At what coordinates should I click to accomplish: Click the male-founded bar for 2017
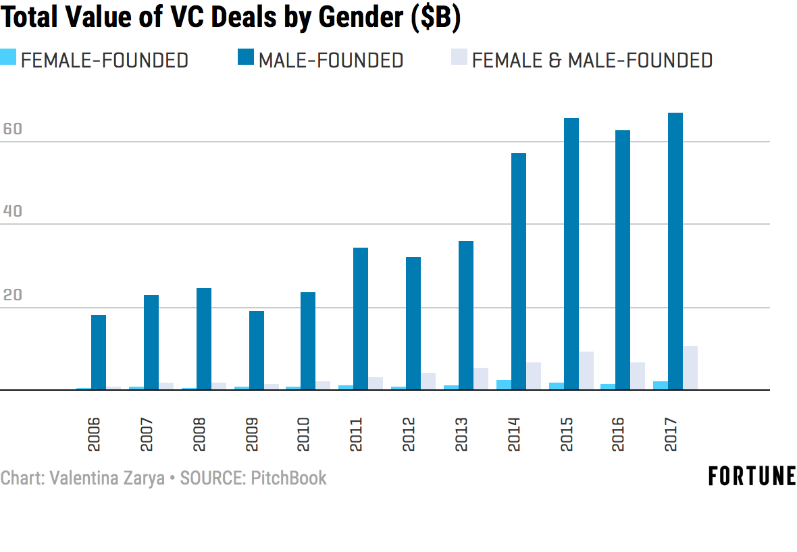tap(675, 251)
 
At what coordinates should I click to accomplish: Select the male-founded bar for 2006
tap(99, 352)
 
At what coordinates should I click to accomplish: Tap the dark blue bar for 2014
tap(518, 271)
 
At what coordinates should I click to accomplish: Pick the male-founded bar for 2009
tap(256, 350)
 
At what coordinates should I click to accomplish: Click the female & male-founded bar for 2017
tap(690, 368)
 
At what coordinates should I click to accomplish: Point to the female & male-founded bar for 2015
tap(586, 370)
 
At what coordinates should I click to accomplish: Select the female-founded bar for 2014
tap(503, 385)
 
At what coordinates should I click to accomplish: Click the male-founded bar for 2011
tap(361, 319)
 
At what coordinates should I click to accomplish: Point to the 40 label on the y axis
tap(12, 211)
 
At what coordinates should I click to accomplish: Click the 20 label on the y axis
tap(12, 295)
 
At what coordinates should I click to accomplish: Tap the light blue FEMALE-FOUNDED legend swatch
tap(8, 57)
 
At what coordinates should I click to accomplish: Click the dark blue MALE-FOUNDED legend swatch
tap(246, 57)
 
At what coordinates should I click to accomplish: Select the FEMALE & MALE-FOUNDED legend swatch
tap(459, 57)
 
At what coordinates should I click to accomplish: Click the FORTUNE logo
tap(752, 476)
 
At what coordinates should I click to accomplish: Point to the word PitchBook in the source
tap(288, 478)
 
